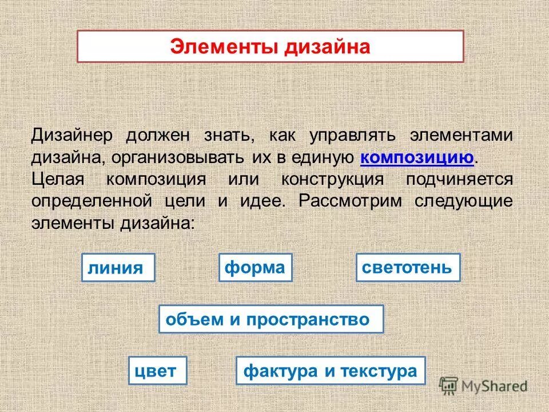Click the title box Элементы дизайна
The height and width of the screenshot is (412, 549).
coord(270,46)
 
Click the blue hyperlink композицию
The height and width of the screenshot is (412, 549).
coord(417,157)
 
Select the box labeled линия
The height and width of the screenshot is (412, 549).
coord(118,268)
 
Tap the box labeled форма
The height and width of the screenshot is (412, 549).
coord(255,267)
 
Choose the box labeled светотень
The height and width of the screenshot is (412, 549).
coord(407,267)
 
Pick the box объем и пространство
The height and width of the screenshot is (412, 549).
coord(270,319)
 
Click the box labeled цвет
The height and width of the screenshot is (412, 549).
coord(158,370)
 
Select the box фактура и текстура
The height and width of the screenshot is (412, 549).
coord(331,370)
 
